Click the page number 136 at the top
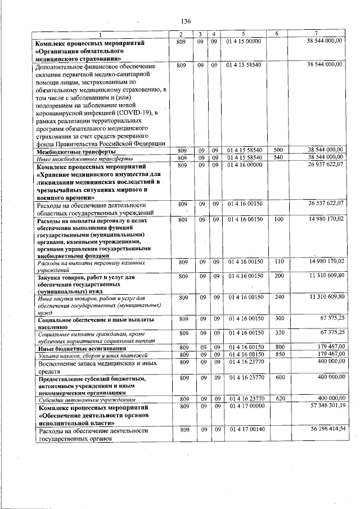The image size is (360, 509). click(186, 21)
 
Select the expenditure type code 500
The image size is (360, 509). click(277, 151)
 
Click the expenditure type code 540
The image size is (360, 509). click(277, 157)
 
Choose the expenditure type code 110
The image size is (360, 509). click(277, 262)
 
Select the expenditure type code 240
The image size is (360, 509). click(277, 296)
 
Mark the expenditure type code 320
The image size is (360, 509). click(277, 332)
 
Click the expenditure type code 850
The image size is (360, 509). click(277, 355)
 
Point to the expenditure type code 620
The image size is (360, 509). click(277, 398)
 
